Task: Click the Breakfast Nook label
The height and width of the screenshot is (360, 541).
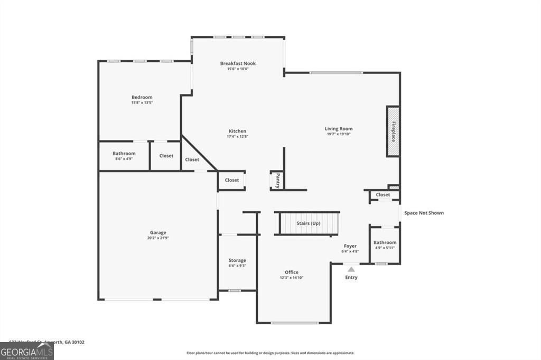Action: click(238, 63)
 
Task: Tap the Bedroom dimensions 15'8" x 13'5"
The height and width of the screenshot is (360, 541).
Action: click(142, 102)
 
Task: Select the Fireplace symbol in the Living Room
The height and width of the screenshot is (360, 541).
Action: click(393, 131)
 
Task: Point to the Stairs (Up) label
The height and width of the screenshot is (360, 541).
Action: click(308, 223)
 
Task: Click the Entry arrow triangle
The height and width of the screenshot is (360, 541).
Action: click(351, 269)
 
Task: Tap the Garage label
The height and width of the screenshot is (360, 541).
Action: click(158, 232)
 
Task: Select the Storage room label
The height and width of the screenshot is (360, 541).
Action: click(237, 260)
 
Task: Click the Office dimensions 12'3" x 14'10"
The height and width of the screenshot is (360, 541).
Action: click(292, 278)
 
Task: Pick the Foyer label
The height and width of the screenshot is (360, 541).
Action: click(350, 246)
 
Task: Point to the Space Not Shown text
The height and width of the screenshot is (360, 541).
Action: click(424, 213)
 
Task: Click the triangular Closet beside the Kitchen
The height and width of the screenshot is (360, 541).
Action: click(192, 159)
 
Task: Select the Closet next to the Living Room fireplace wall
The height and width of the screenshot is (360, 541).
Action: click(383, 195)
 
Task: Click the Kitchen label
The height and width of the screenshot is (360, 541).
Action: click(237, 131)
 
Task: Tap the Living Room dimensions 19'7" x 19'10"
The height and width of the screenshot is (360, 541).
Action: click(338, 134)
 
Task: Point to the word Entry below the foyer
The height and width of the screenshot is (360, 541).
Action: click(351, 278)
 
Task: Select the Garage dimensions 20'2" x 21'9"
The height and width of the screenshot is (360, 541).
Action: click(158, 238)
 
